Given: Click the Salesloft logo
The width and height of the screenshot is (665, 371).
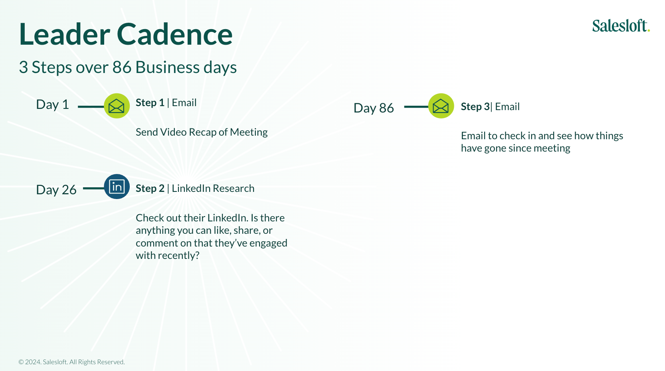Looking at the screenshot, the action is [x=621, y=26].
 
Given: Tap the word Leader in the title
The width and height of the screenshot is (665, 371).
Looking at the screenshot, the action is [x=64, y=34].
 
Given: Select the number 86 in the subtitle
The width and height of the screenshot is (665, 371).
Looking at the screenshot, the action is [x=122, y=67].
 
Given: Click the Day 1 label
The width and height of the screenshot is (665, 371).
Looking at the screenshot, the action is [x=53, y=105].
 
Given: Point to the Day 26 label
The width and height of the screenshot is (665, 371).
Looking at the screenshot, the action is [x=56, y=189].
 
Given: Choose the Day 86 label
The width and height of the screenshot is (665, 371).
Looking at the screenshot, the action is [x=374, y=108].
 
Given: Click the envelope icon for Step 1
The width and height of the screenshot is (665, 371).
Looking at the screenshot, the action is [x=117, y=106].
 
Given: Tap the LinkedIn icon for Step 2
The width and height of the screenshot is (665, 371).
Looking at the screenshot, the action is [x=117, y=187].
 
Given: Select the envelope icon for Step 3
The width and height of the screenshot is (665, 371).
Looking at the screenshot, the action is [x=441, y=106].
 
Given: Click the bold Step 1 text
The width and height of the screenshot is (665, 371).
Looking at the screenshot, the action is [x=150, y=103].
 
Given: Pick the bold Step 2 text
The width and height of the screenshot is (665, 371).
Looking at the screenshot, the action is [x=150, y=188].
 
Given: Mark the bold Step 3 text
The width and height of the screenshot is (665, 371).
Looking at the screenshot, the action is [x=475, y=107].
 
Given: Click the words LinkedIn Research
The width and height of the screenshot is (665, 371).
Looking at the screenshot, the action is [x=213, y=188].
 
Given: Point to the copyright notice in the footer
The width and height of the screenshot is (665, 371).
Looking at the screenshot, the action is [x=71, y=362].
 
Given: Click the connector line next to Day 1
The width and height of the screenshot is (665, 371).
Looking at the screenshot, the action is [x=91, y=107].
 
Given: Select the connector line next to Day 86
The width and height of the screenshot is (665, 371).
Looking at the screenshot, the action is [x=416, y=107].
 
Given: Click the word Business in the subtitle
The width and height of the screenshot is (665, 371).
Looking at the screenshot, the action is [x=167, y=67].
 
